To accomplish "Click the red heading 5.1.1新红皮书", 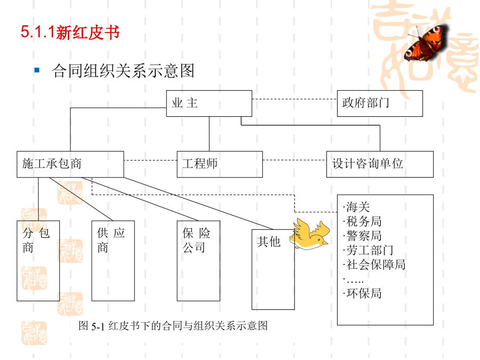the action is tap(70, 32).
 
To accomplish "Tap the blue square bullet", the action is tap(37, 70).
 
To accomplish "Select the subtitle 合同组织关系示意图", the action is tap(123, 71).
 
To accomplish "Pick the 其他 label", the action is tap(269, 242).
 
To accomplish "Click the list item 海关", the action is tap(357, 207).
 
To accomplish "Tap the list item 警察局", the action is tap(363, 236).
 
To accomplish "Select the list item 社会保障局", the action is tap(374, 265).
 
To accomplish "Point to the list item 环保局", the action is tap(363, 293).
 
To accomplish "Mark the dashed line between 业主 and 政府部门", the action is tap(294, 99).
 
